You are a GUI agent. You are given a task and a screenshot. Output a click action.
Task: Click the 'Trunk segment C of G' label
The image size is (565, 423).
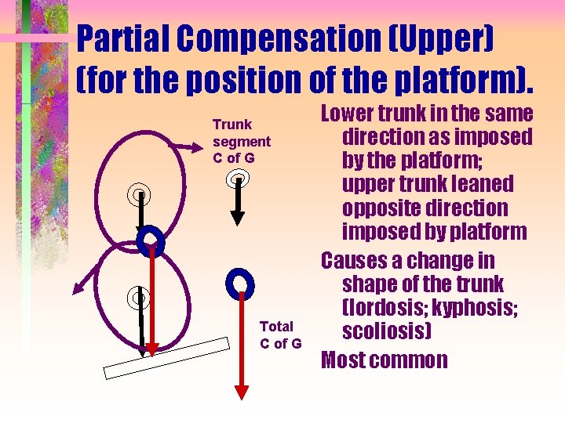[241, 141]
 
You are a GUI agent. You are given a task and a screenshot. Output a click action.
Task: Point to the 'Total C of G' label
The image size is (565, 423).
[280, 334]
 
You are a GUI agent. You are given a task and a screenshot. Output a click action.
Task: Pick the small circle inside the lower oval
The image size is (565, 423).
[138, 297]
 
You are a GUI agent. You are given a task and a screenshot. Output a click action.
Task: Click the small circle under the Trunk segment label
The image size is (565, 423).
[238, 180]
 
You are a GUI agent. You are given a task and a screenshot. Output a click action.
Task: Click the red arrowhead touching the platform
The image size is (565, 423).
[152, 347]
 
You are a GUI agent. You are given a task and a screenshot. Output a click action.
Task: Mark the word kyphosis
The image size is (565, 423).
[471, 308]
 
